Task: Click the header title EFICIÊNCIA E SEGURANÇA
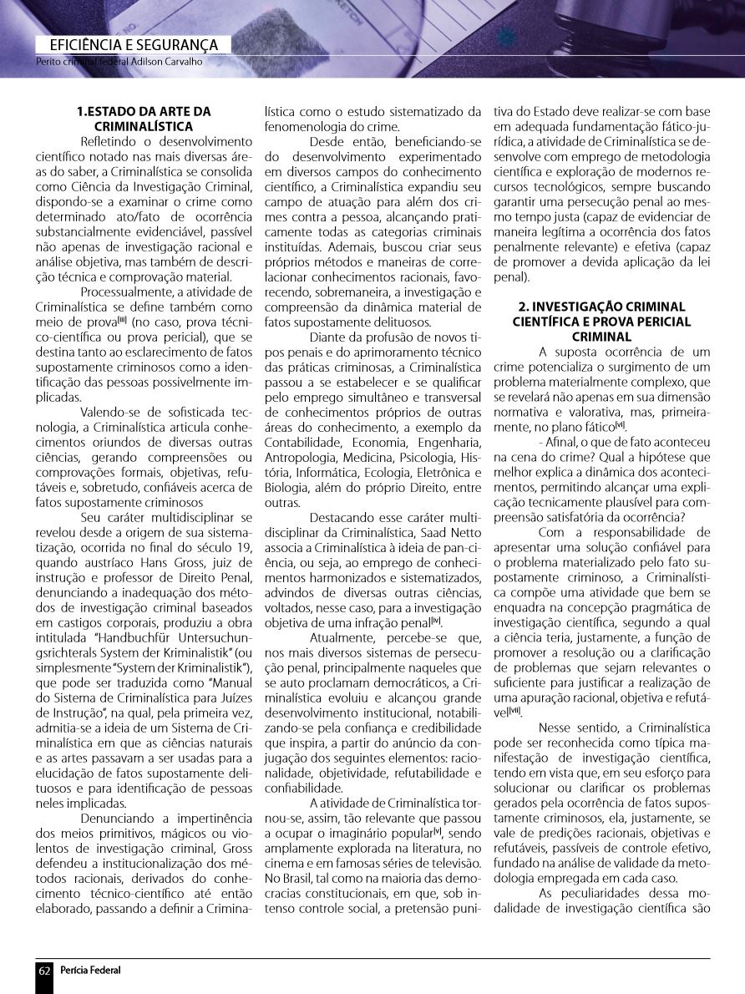click(134, 45)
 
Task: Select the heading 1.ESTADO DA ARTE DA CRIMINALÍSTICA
click(144, 118)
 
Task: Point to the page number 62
click(44, 970)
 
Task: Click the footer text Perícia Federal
click(90, 970)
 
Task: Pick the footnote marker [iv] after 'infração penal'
click(436, 623)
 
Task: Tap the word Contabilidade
click(303, 442)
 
